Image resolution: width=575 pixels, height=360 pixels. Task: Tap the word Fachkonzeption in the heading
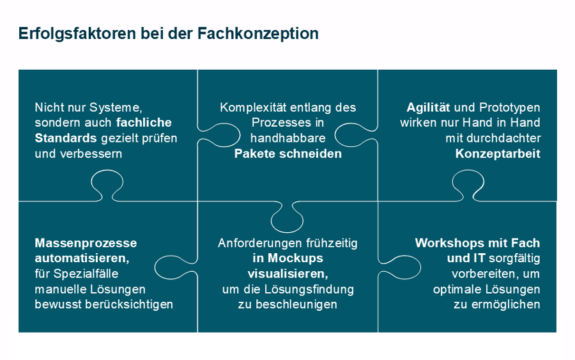(258, 33)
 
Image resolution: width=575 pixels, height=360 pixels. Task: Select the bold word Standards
(66, 138)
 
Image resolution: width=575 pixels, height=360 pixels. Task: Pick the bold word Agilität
(428, 107)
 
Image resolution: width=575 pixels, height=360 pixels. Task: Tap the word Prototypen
(510, 108)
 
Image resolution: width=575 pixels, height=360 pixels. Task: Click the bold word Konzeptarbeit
(498, 153)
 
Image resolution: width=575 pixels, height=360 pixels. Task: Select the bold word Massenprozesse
(86, 243)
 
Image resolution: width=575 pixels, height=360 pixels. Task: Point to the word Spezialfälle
(86, 274)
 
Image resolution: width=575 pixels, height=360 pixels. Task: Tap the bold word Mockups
(295, 258)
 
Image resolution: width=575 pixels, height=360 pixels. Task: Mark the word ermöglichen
(506, 304)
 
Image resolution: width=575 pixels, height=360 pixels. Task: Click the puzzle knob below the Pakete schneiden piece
(287, 217)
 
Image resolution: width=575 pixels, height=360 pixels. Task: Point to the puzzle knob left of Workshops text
(400, 267)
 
